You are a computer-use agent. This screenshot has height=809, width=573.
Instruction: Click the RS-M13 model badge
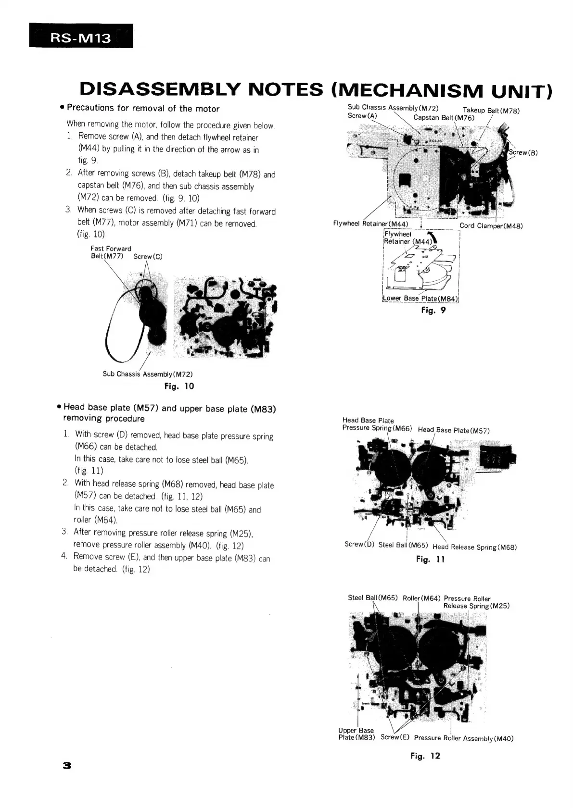[x=81, y=37]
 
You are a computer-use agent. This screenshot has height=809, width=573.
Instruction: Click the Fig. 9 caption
[x=433, y=311]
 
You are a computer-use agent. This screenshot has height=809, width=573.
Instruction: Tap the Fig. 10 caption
[x=179, y=386]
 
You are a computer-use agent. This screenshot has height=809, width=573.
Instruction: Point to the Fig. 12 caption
[x=425, y=756]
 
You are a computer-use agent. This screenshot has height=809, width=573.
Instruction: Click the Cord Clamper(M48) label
[x=491, y=226]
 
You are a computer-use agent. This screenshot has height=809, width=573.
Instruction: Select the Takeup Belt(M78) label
[x=491, y=111]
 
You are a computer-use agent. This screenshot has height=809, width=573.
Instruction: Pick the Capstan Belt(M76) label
[x=444, y=118]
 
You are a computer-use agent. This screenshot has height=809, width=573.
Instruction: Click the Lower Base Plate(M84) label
[x=420, y=299]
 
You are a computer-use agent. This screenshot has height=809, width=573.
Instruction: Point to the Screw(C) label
[x=148, y=256]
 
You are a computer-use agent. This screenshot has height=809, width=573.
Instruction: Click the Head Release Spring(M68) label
[x=474, y=547]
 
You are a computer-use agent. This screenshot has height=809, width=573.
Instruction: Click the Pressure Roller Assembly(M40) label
[x=463, y=738]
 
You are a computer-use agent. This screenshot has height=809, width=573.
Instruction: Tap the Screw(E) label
[x=395, y=737]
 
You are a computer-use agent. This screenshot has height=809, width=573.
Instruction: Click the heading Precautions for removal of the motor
[x=143, y=109]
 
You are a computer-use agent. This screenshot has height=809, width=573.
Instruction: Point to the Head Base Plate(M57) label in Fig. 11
[x=453, y=430]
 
